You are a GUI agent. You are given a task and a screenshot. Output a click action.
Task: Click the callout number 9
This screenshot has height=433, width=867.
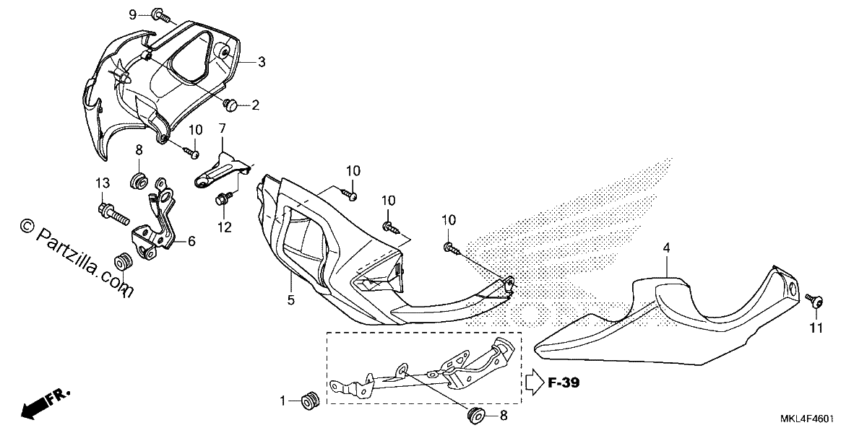[133, 15]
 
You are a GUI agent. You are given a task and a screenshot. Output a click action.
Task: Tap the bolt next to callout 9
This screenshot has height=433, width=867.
[160, 16]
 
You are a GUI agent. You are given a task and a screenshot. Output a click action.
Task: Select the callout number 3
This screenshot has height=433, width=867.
[262, 62]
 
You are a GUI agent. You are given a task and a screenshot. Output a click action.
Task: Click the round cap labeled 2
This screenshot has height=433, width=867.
[231, 105]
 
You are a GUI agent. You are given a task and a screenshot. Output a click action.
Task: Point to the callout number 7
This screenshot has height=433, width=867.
[223, 128]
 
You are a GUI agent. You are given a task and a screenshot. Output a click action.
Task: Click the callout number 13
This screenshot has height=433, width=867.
[103, 183]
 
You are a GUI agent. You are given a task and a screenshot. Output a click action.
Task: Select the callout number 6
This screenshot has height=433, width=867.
[191, 241]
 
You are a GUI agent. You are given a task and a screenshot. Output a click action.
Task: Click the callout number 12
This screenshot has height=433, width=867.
[225, 227]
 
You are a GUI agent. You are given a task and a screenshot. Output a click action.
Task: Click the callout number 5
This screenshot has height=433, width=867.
[290, 299]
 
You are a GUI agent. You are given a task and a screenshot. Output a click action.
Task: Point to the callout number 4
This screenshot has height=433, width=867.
[666, 248]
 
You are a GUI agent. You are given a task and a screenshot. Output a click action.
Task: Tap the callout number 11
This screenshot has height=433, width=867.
[816, 328]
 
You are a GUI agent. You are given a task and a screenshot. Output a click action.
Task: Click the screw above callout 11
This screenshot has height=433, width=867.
[815, 300]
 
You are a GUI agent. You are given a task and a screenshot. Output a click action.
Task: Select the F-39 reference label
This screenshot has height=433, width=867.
[564, 382]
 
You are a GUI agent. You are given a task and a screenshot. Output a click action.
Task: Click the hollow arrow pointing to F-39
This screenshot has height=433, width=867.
[535, 382]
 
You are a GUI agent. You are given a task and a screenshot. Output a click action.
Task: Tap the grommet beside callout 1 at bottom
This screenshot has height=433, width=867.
[311, 401]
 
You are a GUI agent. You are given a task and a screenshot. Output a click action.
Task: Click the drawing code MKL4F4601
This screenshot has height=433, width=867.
[807, 419]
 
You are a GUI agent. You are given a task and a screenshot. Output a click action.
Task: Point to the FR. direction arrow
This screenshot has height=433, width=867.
[46, 404]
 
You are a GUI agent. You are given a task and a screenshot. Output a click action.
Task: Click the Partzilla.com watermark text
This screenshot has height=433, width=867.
[77, 258]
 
